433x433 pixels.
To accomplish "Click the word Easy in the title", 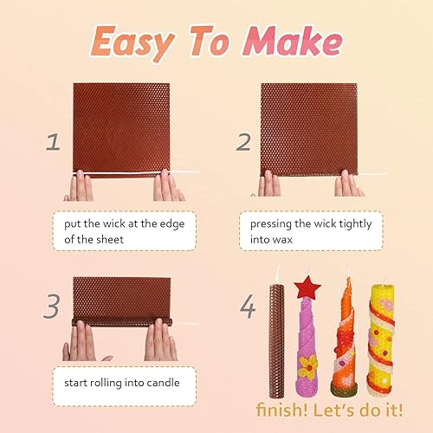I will [x=132, y=41].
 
